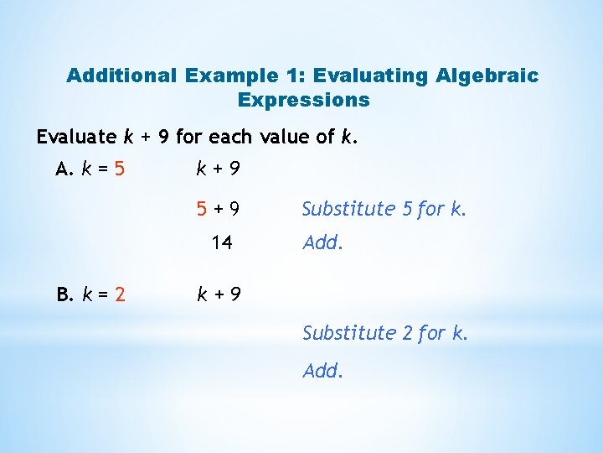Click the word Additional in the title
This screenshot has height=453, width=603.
[121, 75]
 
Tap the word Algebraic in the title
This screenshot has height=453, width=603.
[487, 75]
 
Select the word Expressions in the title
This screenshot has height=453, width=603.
[303, 100]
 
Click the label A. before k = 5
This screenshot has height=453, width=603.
[65, 170]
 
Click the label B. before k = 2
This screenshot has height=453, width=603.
[65, 294]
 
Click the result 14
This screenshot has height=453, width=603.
[221, 244]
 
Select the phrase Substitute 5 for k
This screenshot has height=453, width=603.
[384, 209]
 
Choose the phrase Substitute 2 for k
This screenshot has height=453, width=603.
[384, 333]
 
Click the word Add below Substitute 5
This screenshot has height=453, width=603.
[322, 244]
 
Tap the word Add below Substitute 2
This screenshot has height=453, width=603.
[322, 370]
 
